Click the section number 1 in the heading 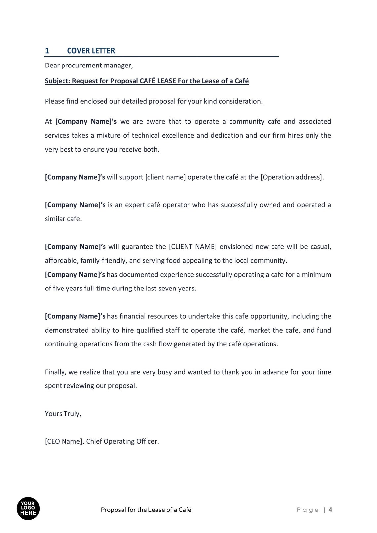pyautogui.click(x=47, y=51)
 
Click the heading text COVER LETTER pyautogui.click(x=91, y=51)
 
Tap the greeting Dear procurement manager pyautogui.click(x=89, y=66)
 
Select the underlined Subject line pyautogui.click(x=147, y=81)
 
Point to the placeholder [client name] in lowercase pyautogui.click(x=165, y=177)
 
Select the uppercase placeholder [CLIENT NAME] pyautogui.click(x=193, y=247)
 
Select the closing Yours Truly pyautogui.click(x=63, y=414)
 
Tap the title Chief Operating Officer pyautogui.click(x=122, y=441)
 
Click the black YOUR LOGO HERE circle pyautogui.click(x=28, y=509)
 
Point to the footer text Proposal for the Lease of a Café pyautogui.click(x=146, y=510)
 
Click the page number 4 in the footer pyautogui.click(x=330, y=510)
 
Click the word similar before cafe pyautogui.click(x=55, y=219)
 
